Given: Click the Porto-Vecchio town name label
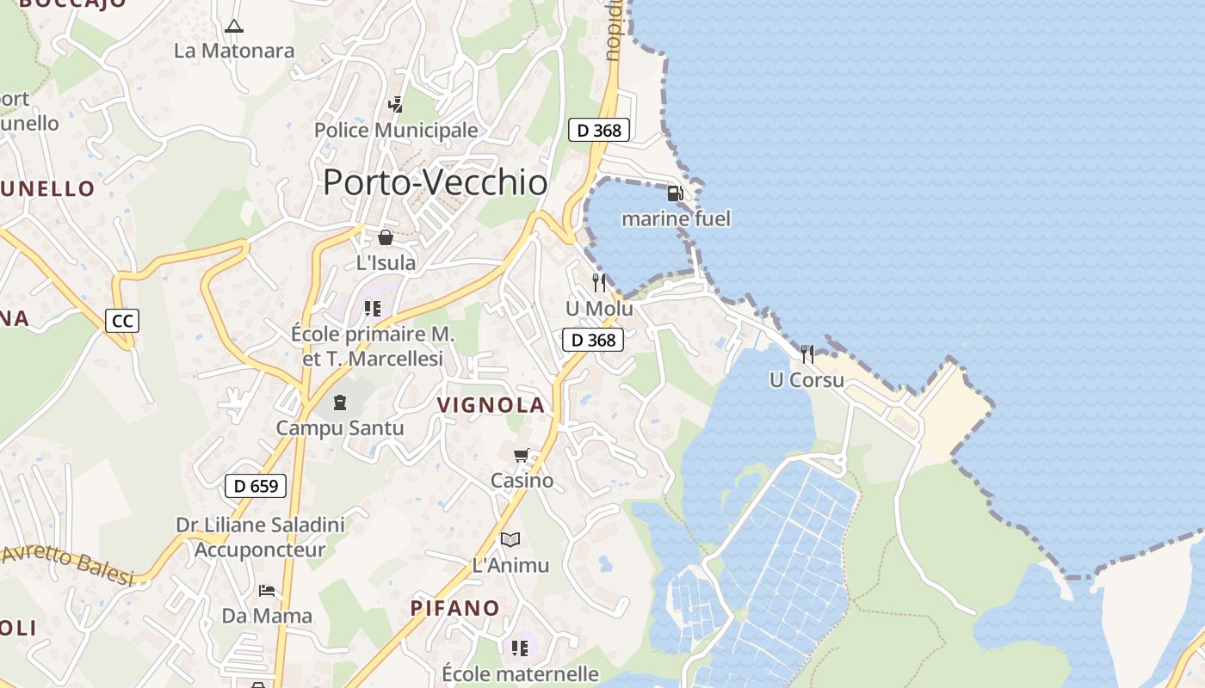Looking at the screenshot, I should pos(435,183).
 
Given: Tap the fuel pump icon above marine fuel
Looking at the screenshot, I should pos(676,193).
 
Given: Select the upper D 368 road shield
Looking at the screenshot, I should pos(599,131).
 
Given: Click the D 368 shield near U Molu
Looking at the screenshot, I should pos(593,340).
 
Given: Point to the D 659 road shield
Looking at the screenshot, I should pos(255,486).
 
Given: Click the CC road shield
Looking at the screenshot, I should pos(122,322).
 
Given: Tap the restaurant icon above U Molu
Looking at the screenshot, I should pos(599,282).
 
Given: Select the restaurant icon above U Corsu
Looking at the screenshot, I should pos(806,353).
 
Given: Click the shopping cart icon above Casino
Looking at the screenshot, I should pos(521,455).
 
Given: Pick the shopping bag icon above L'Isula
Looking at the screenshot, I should pos(386,237).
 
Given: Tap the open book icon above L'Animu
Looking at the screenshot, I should pos(510,539).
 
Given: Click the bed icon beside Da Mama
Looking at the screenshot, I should pos(267,591).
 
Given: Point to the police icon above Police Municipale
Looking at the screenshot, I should pos(395,105).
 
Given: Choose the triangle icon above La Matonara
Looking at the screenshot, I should pos(233,26).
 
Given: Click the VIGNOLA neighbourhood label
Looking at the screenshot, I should pos(491,405).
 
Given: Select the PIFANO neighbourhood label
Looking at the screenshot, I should pos(454,608).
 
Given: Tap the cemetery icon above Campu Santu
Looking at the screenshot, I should pos(340,402).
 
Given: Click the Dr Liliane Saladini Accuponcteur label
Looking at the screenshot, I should pos(260,537).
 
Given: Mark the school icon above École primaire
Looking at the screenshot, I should pos(373,308).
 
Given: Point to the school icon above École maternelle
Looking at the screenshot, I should pos(520,648).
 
